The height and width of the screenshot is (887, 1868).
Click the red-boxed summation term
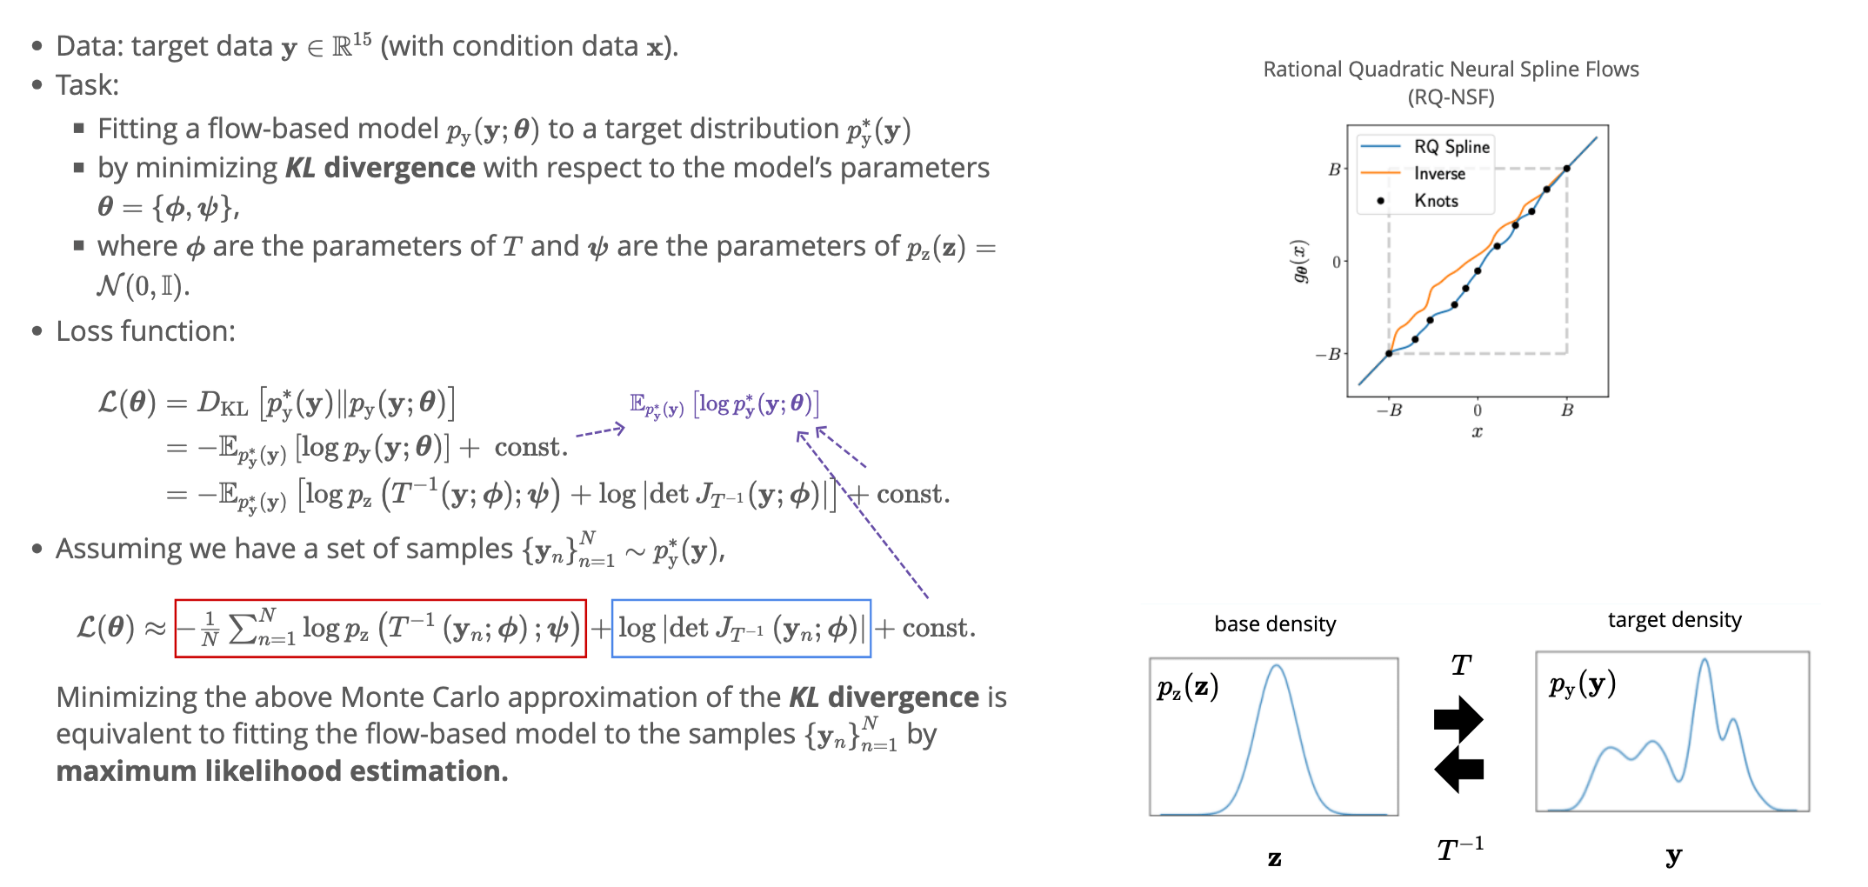(380, 628)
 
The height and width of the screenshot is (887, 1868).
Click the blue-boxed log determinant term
(741, 628)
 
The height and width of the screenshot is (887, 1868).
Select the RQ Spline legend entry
(1451, 147)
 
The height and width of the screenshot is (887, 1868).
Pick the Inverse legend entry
(1439, 174)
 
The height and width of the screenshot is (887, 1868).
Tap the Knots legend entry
(1436, 201)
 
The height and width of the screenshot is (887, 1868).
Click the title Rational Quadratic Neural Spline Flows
(1451, 70)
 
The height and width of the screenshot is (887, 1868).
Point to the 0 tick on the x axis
(1477, 410)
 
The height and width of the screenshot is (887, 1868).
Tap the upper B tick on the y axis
(1334, 170)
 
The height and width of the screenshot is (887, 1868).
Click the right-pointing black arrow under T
(1458, 718)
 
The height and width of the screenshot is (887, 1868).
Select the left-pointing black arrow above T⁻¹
(1458, 769)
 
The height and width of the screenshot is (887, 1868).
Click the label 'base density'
(1275, 624)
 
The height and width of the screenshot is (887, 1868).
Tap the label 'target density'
(1674, 620)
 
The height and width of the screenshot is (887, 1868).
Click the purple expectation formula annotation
(724, 404)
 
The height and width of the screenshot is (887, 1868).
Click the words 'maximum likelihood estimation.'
(282, 771)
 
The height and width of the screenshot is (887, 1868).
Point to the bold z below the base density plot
(1274, 859)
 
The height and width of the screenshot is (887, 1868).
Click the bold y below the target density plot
(1673, 857)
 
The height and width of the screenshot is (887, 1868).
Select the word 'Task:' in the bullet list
(87, 85)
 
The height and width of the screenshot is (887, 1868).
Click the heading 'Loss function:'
(145, 331)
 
